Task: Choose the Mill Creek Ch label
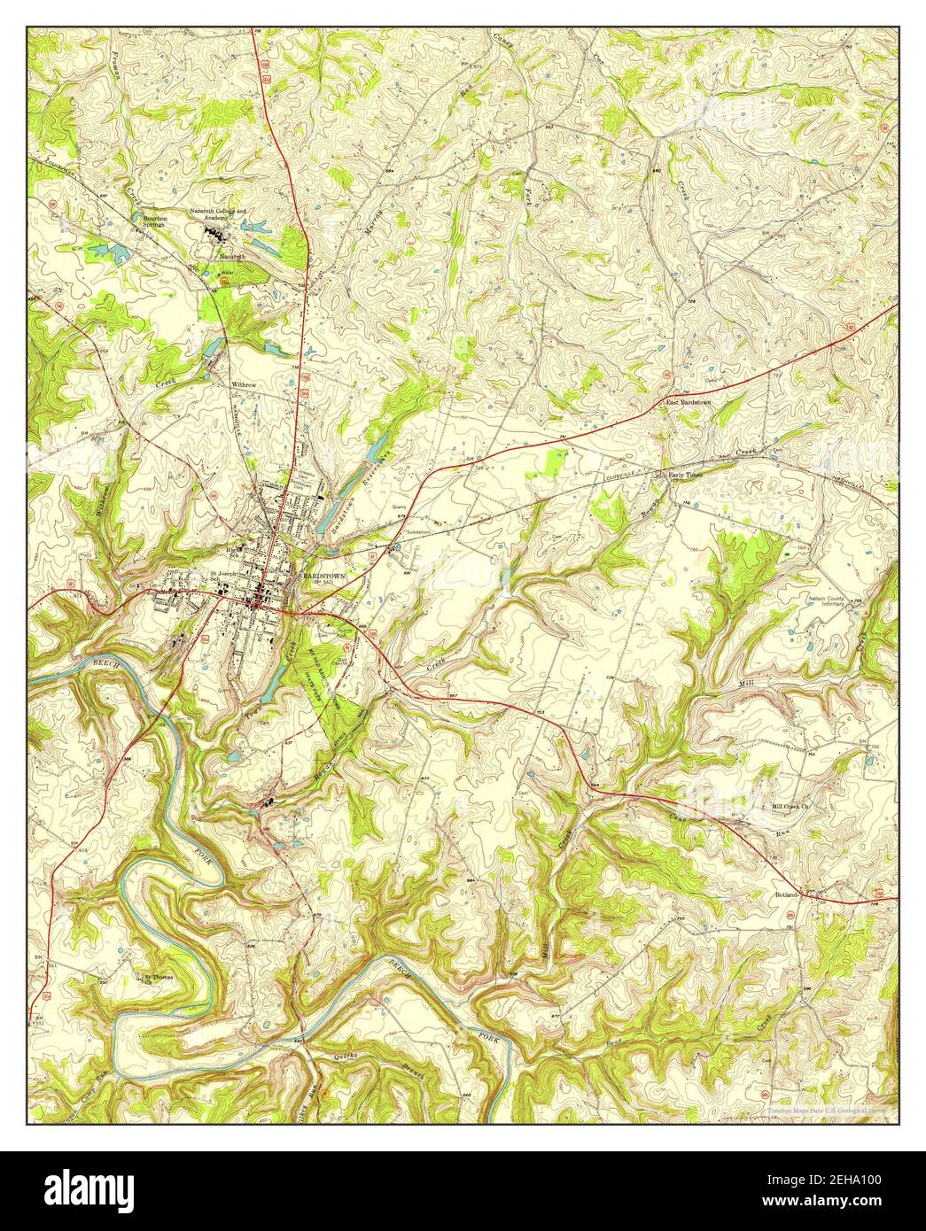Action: [x=791, y=806]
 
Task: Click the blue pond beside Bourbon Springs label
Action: [x=136, y=215]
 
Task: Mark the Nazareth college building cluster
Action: [x=215, y=235]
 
